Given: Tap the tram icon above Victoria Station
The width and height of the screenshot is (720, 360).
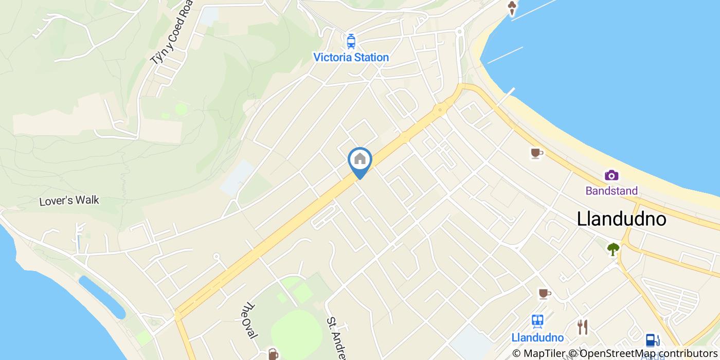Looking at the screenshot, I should click(351, 41).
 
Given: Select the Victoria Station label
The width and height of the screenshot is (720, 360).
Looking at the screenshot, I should click(351, 57).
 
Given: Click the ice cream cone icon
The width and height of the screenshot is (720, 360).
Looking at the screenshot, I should click(512, 8).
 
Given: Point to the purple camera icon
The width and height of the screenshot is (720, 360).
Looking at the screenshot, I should click(611, 175).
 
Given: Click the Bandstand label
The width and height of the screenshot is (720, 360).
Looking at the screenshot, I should click(611, 191).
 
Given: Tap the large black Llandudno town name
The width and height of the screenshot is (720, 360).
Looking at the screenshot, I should click(621, 219).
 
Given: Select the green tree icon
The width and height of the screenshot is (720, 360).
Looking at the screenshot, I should click(613, 249).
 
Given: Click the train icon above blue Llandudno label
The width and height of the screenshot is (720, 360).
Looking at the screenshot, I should click(538, 321).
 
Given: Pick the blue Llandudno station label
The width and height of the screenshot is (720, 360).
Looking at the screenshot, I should click(537, 338).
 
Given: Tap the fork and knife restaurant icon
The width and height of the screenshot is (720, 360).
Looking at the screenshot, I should click(582, 327).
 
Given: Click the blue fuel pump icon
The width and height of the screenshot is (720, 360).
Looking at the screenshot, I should click(652, 340).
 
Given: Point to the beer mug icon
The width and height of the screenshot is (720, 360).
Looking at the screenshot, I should click(273, 354).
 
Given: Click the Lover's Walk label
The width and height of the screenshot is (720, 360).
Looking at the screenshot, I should click(69, 201).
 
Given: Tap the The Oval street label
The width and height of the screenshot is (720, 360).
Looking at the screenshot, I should click(250, 320).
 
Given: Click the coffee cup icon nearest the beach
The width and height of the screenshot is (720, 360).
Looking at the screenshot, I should click(536, 153).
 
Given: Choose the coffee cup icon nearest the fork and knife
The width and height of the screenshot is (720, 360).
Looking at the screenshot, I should click(544, 294).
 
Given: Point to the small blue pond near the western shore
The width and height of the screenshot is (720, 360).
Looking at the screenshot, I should click(101, 297).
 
